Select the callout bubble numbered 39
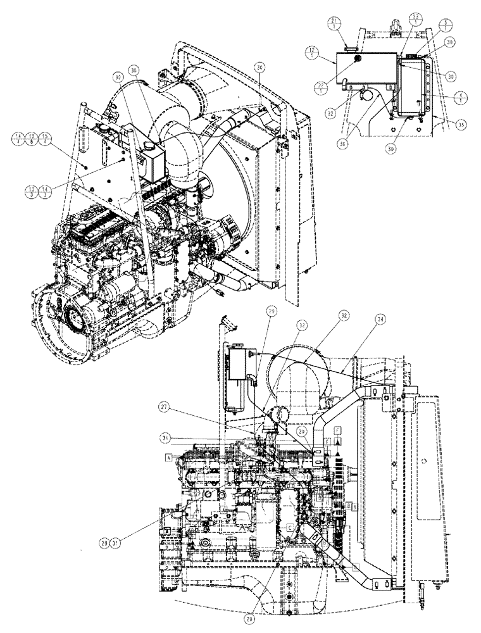click(x=303, y=432)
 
